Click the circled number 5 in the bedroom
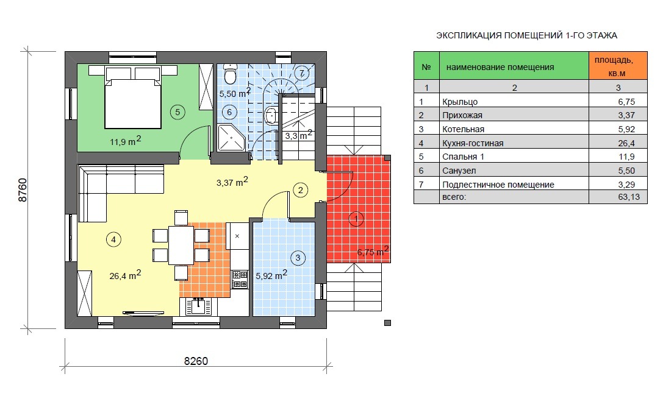pos(177,112)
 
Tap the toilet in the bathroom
pos(230,74)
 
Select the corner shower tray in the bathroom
pos(231,138)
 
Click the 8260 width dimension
pos(196,361)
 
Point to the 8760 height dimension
pos(23,190)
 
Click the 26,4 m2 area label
pos(125,275)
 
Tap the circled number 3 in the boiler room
pos(298,258)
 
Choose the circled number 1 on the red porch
pos(356,219)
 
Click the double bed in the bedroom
pos(133,97)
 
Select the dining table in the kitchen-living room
pos(181,246)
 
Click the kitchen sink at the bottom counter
pos(198,305)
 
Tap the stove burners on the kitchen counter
pos(240,279)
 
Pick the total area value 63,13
pos(629,197)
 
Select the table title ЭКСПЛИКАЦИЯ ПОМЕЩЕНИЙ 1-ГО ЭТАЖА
pos(526,35)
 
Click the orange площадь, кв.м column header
pos(618,66)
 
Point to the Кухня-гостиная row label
pos(473,143)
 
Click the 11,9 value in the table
pos(626,157)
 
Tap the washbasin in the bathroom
pos(270,115)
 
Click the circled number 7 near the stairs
pos(301,72)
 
